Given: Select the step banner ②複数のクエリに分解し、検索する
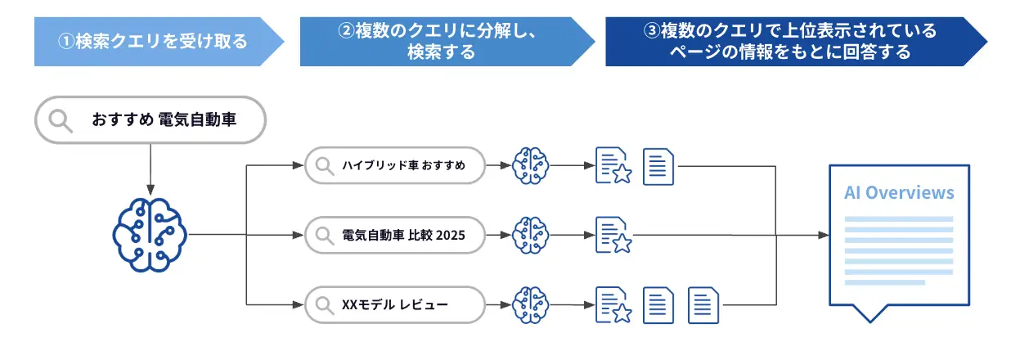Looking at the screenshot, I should coord(442,41).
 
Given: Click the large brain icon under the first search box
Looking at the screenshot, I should coord(150,234).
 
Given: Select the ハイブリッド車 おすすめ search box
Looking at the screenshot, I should coord(394,166).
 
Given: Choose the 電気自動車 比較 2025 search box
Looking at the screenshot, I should coord(394,235).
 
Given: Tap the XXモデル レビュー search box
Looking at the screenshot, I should coord(394,305).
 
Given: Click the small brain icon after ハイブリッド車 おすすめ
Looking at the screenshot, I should coord(529,166).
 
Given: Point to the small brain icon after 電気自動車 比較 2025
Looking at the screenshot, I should coord(529,235).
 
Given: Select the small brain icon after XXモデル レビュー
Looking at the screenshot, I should coord(529,305).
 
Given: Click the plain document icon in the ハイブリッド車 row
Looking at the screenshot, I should coord(658,166).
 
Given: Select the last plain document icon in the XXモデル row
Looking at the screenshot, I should coord(703,305).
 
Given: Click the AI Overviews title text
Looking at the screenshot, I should coord(899,193).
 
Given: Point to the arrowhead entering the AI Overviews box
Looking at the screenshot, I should coord(823,235).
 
